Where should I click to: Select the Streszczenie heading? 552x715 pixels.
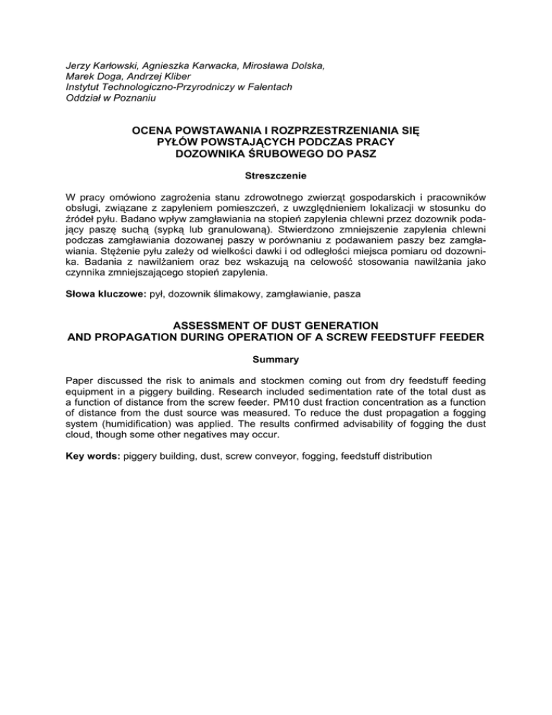(277, 175)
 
